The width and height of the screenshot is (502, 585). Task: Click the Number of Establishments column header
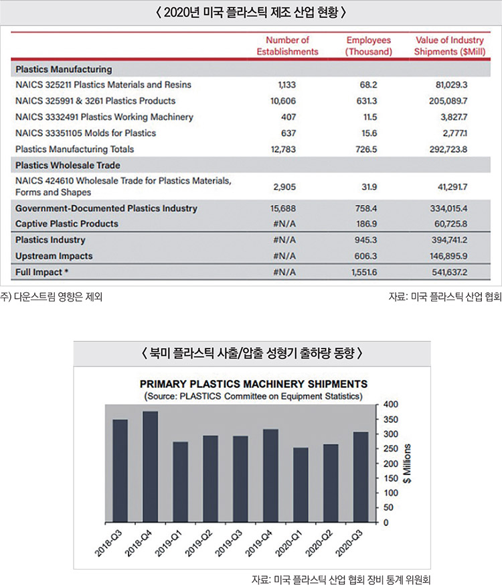[287, 46]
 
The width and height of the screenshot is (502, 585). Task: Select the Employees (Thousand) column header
[369, 46]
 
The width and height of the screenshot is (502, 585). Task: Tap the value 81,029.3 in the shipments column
[451, 84]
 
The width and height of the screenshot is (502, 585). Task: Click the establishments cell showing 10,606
[283, 101]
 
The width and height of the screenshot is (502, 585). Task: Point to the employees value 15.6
[369, 133]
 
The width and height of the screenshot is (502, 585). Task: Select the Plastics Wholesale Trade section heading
[68, 166]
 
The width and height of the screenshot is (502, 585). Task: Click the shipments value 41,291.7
[452, 186]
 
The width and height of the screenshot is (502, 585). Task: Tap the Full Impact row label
[41, 272]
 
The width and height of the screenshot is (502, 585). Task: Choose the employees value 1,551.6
[364, 272]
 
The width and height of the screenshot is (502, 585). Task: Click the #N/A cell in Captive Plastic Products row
[284, 224]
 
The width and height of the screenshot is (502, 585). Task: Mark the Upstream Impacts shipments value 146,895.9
[448, 256]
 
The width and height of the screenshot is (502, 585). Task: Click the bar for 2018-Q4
[150, 466]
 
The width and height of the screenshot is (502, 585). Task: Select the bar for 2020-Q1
[301, 484]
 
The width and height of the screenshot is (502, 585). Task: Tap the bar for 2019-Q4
[270, 475]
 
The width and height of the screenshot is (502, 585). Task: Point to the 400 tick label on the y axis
[391, 404]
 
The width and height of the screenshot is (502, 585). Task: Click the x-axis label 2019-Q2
[199, 543]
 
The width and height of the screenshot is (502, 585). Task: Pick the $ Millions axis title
[407, 463]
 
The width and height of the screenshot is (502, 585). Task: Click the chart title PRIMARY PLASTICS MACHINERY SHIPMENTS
[254, 384]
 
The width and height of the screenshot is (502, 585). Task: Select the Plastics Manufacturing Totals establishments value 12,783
[283, 149]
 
